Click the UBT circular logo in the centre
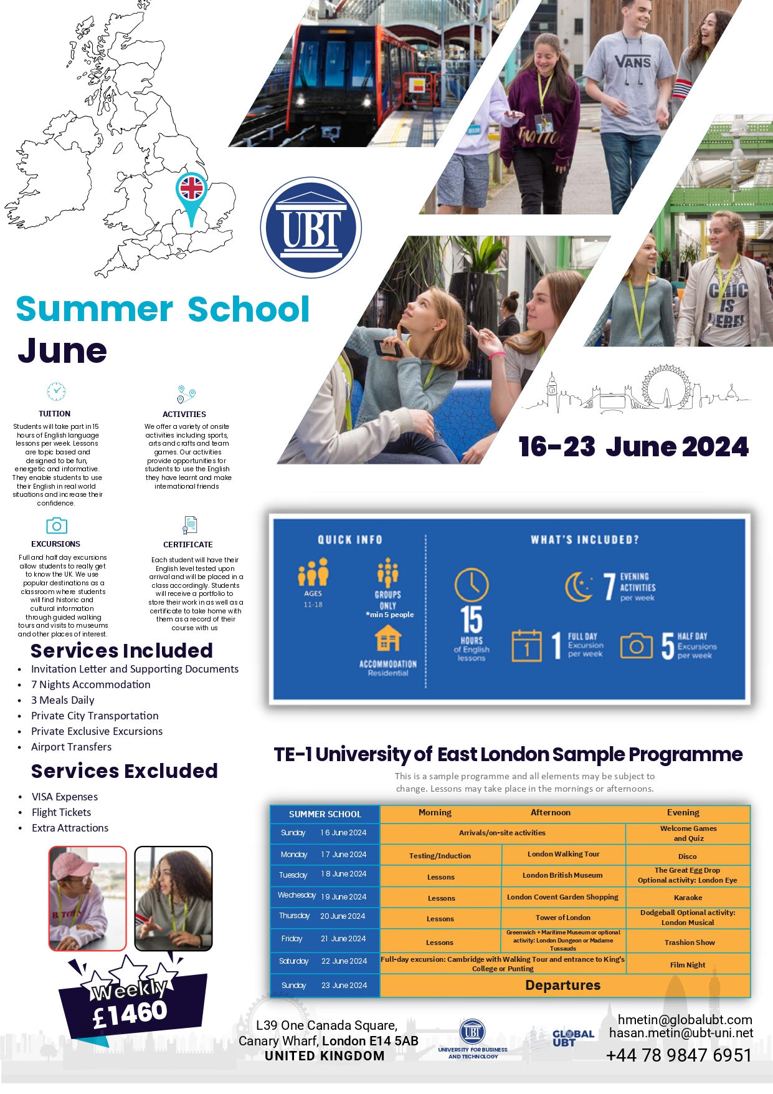click(x=311, y=228)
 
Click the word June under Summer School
click(x=62, y=351)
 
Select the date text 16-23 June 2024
click(x=633, y=447)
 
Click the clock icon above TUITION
click(x=56, y=391)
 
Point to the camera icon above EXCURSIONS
click(x=57, y=525)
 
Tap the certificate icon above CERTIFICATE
click(x=189, y=525)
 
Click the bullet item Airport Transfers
click(x=72, y=747)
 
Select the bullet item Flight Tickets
click(x=62, y=812)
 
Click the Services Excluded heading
click(x=125, y=771)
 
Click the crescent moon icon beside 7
click(x=579, y=587)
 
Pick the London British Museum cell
click(x=562, y=875)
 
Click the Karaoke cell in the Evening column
click(x=688, y=898)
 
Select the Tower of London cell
click(x=562, y=918)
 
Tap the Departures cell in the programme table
click(x=563, y=986)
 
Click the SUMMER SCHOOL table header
click(x=325, y=814)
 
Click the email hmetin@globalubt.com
click(x=685, y=1020)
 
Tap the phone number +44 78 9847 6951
click(x=678, y=1055)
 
